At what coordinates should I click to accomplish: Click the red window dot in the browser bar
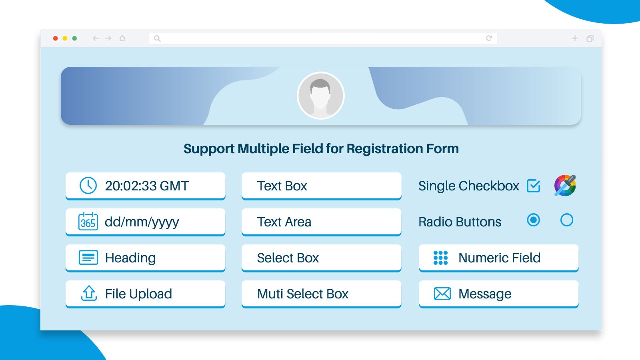(56, 38)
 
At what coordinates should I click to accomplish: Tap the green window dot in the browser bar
(74, 38)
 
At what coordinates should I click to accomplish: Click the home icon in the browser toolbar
(122, 38)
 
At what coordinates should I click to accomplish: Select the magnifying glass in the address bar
(157, 38)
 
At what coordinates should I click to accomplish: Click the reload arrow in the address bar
(489, 38)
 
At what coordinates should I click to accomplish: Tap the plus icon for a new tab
(575, 38)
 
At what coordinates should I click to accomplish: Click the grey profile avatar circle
(320, 96)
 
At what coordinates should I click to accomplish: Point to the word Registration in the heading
(385, 149)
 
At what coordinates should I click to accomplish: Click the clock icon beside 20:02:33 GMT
(88, 186)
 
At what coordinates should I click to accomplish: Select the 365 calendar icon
(88, 222)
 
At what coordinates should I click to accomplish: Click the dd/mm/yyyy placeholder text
(142, 222)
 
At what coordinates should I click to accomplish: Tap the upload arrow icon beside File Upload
(89, 293)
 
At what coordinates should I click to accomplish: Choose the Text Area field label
(284, 222)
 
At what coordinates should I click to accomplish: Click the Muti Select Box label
(302, 294)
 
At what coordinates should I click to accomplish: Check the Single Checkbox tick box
(534, 186)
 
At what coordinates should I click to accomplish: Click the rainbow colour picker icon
(565, 186)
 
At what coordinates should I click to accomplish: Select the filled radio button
(534, 220)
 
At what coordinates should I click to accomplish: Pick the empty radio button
(567, 220)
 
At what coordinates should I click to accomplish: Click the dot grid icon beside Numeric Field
(440, 258)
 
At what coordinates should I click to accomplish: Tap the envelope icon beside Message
(442, 294)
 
